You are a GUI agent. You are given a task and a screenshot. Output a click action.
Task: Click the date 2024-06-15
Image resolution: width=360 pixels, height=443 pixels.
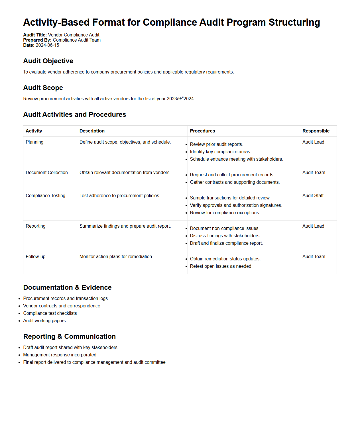click(47, 45)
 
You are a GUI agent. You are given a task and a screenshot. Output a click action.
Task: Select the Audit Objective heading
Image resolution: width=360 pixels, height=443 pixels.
click(48, 61)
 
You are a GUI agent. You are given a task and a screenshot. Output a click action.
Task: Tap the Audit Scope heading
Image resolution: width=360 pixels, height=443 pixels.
click(43, 88)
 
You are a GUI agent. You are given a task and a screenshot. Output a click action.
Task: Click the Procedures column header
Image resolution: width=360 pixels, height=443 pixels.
click(202, 131)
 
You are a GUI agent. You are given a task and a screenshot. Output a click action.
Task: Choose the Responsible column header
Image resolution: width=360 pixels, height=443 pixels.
click(316, 131)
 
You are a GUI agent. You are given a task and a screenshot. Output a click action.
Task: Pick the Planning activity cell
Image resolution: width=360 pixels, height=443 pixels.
click(34, 142)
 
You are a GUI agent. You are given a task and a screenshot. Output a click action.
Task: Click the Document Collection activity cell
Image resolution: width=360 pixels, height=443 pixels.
click(47, 173)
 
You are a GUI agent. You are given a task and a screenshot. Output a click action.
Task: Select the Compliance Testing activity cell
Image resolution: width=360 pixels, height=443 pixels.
click(46, 196)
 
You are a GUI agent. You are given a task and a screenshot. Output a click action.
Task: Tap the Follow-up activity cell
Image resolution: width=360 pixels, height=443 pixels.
click(36, 257)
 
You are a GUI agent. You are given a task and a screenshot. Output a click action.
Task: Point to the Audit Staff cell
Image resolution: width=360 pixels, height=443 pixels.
click(313, 196)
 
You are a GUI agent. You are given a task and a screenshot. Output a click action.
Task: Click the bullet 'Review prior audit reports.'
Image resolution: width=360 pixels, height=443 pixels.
click(216, 144)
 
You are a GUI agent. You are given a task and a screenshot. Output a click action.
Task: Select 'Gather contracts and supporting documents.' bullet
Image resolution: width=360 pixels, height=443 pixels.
click(235, 182)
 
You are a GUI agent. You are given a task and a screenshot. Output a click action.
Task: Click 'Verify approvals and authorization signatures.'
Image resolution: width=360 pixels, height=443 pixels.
click(236, 205)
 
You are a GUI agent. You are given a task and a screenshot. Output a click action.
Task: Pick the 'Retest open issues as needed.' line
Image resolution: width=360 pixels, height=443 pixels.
click(221, 266)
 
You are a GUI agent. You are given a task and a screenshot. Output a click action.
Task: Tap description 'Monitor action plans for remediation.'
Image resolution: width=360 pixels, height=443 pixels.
click(116, 257)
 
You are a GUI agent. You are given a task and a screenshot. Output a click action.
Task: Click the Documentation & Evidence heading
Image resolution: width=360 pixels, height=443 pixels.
click(67, 287)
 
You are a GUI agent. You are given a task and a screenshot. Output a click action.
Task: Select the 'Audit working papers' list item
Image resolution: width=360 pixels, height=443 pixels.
click(44, 321)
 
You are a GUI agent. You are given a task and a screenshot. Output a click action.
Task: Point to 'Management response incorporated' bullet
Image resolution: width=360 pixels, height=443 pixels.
click(60, 355)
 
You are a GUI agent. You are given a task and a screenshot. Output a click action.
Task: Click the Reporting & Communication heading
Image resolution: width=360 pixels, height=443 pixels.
click(70, 336)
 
